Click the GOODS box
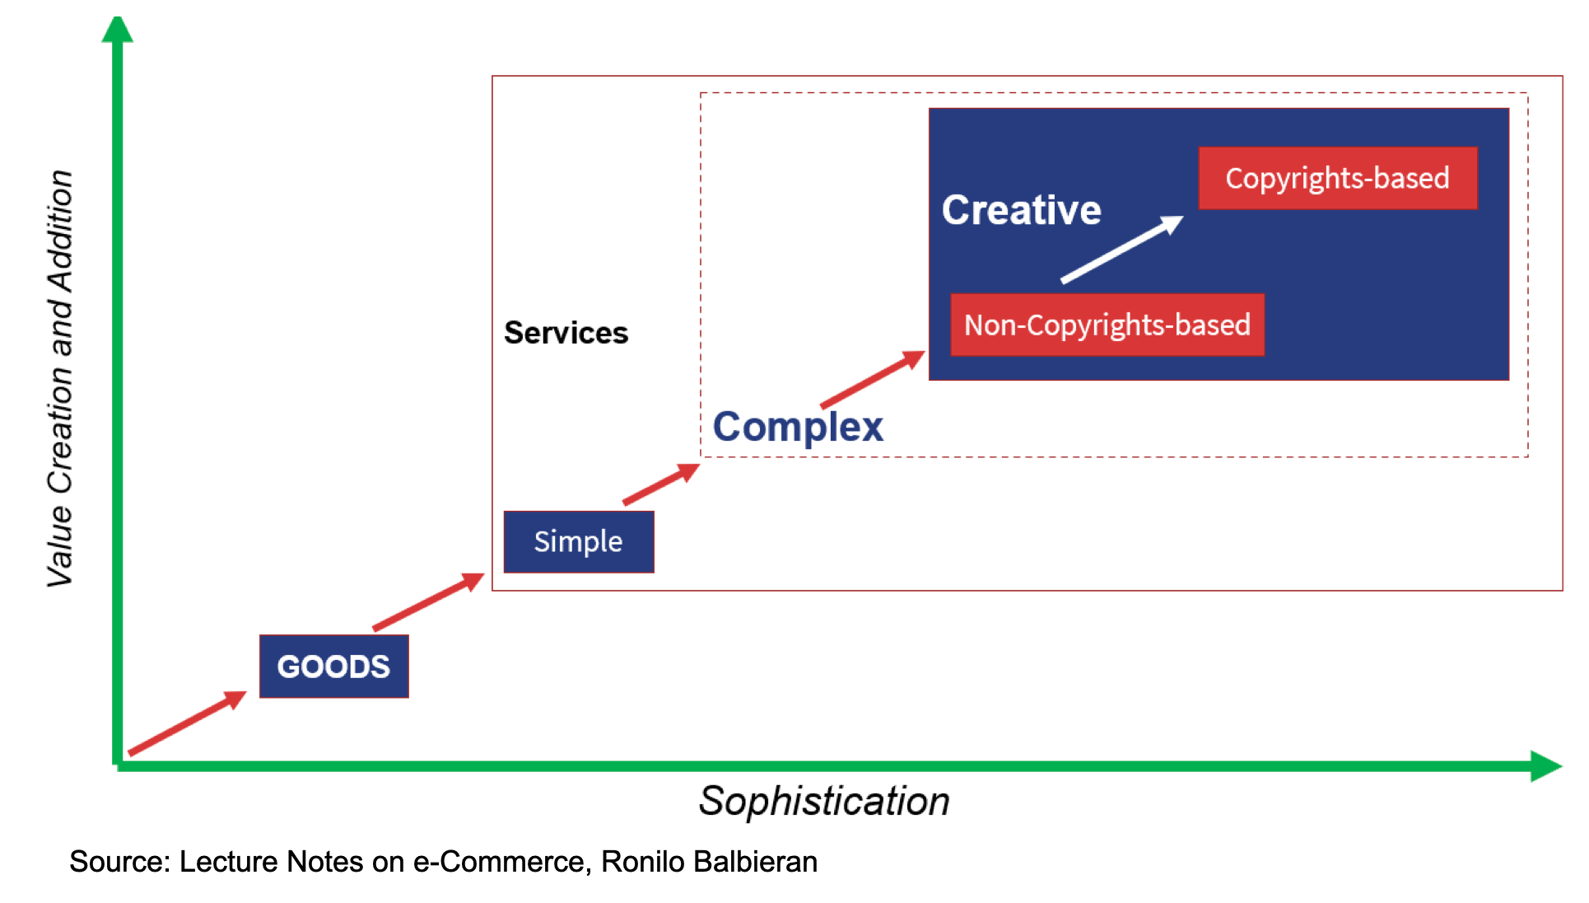pyautogui.click(x=334, y=666)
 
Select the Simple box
pyautogui.click(x=579, y=541)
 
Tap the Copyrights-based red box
pyautogui.click(x=1338, y=178)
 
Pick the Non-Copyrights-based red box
pyautogui.click(x=1107, y=325)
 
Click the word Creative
pyautogui.click(x=1022, y=210)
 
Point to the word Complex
pyautogui.click(x=798, y=427)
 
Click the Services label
pyautogui.click(x=566, y=333)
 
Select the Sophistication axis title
pyautogui.click(x=824, y=801)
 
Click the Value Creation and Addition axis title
pyautogui.click(x=60, y=379)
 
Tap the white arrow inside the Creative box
pyautogui.click(x=1122, y=249)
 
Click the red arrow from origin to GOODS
pyautogui.click(x=188, y=723)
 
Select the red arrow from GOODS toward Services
pyautogui.click(x=428, y=601)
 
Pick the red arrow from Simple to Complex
pyautogui.click(x=661, y=484)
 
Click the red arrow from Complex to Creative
pyautogui.click(x=873, y=379)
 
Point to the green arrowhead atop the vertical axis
pyautogui.click(x=118, y=29)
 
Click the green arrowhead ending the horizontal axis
pyautogui.click(x=1546, y=766)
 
